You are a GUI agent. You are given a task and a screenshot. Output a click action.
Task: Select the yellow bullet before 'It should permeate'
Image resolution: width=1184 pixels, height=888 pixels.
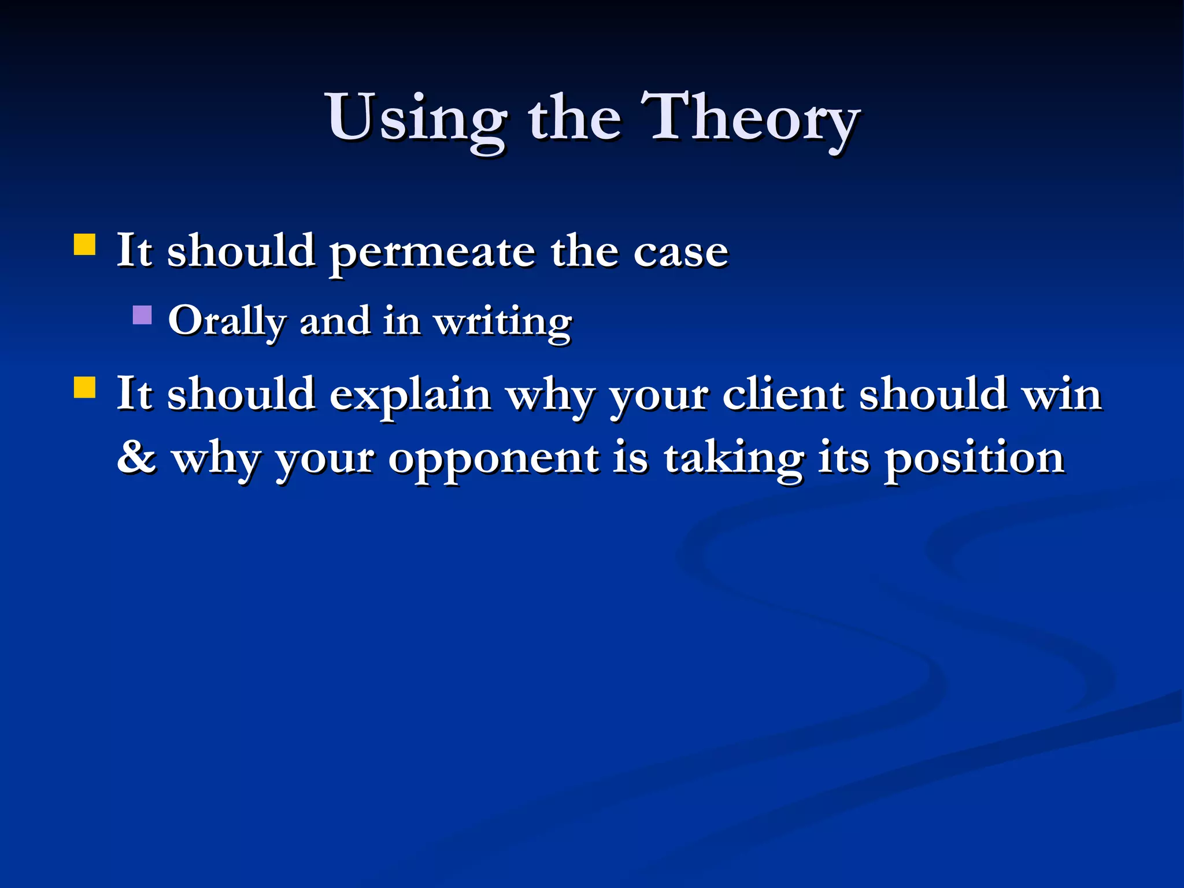[85, 245]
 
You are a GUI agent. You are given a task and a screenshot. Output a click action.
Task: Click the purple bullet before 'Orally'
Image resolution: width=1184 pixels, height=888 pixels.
[142, 315]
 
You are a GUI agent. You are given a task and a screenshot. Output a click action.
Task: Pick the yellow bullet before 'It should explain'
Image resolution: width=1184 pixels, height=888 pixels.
[85, 388]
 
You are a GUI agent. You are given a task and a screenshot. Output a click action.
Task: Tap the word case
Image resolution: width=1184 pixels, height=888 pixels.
[680, 253]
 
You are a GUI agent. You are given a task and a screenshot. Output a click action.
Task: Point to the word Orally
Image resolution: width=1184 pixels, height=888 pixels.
[227, 321]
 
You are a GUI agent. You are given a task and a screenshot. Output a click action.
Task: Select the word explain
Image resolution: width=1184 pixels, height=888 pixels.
[410, 395]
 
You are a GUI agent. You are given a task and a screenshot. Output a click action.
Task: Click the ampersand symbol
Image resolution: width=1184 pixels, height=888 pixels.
[136, 457]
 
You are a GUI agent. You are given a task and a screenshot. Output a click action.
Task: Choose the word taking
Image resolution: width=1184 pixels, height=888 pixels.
[733, 459]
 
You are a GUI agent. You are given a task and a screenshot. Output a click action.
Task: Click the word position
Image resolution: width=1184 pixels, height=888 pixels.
[974, 459]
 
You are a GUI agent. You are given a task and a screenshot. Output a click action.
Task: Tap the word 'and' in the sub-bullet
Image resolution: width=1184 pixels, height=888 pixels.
[335, 321]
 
